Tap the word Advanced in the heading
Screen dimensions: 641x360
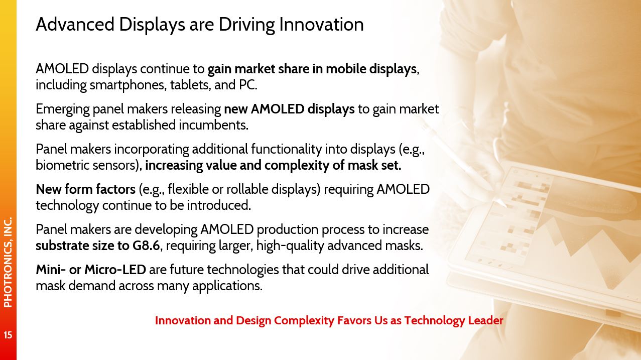pyautogui.click(x=75, y=24)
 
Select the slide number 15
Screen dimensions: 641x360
pyautogui.click(x=8, y=335)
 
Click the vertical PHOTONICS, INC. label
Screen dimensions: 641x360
pyautogui.click(x=8, y=262)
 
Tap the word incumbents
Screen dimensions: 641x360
pyautogui.click(x=213, y=125)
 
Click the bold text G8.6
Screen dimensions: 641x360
pyautogui.click(x=146, y=246)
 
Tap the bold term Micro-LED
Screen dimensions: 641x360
pyautogui.click(x=115, y=270)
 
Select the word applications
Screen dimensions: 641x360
pyautogui.click(x=227, y=286)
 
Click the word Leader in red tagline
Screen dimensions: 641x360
pyautogui.click(x=485, y=320)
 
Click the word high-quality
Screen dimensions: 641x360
pyautogui.click(x=290, y=246)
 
